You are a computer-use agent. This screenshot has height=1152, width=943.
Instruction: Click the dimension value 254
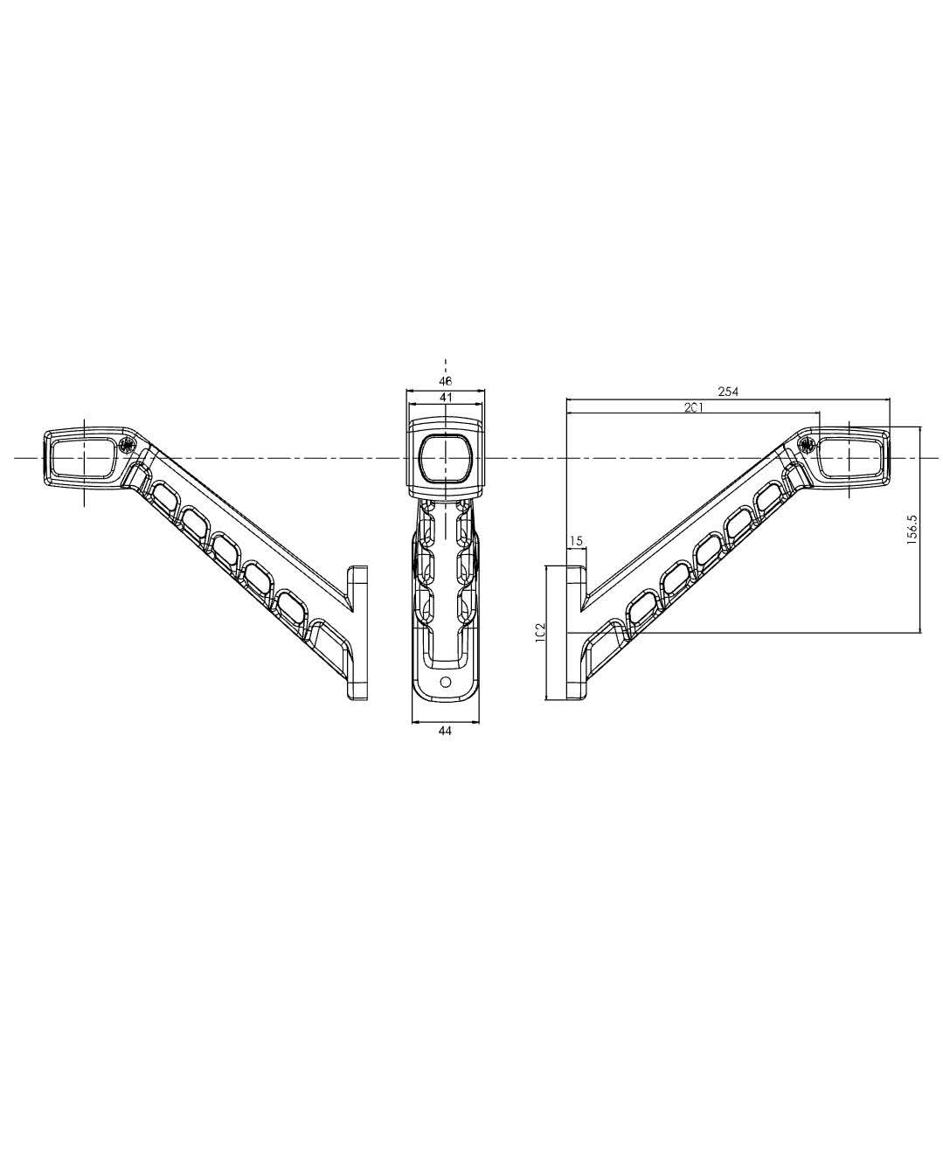click(728, 392)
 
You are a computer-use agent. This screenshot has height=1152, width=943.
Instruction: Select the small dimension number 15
click(576, 541)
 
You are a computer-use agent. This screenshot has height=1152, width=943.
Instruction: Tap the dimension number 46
click(445, 381)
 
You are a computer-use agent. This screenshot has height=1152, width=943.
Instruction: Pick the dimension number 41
click(445, 397)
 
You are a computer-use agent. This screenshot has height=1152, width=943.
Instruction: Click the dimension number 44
click(445, 731)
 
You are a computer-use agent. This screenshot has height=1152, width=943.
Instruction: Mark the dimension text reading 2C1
click(693, 407)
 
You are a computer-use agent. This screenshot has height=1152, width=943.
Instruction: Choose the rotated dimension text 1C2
click(540, 632)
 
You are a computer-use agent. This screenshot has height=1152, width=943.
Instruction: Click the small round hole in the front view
click(445, 682)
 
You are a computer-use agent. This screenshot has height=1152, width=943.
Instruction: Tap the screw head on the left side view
click(126, 444)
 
